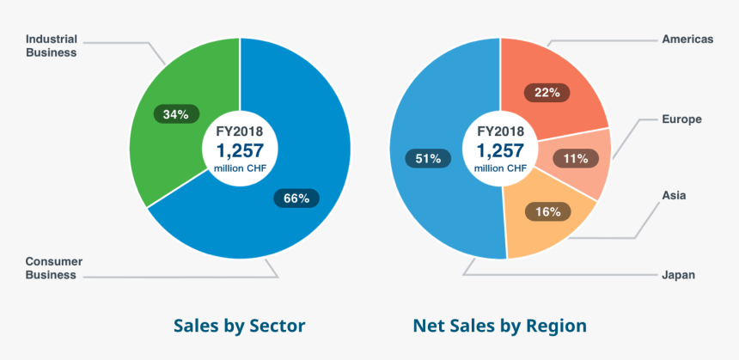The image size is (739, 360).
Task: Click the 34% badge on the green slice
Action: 176,113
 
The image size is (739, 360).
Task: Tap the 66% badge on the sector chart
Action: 296,198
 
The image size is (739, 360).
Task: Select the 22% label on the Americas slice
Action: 547,92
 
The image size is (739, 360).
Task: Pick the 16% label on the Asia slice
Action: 547,211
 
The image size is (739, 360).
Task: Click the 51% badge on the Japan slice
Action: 427,158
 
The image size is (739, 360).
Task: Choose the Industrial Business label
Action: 52,46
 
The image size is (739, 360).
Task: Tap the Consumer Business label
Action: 51,268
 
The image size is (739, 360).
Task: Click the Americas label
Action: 687,39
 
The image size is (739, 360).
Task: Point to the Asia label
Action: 674,196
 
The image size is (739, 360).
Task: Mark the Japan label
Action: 678,275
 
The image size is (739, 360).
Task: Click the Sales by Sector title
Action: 239,326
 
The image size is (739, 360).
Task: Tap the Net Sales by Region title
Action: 499,326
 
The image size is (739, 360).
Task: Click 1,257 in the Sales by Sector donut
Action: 240,150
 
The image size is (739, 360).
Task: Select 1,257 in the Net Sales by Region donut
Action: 500,150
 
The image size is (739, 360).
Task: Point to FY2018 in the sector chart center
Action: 240,131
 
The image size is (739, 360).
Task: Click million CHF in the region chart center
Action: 500,168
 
